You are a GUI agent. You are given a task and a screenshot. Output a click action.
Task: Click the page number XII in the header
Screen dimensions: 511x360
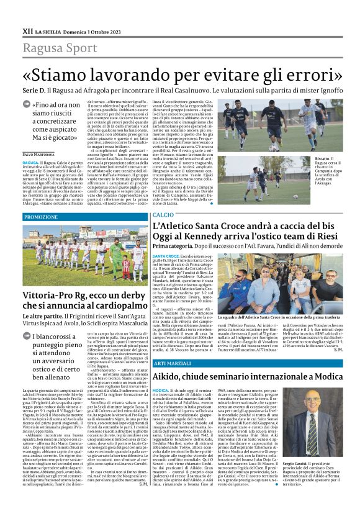tap(27, 30)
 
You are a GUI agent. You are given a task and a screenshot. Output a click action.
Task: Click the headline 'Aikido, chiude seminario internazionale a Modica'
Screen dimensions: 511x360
tap(248, 376)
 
